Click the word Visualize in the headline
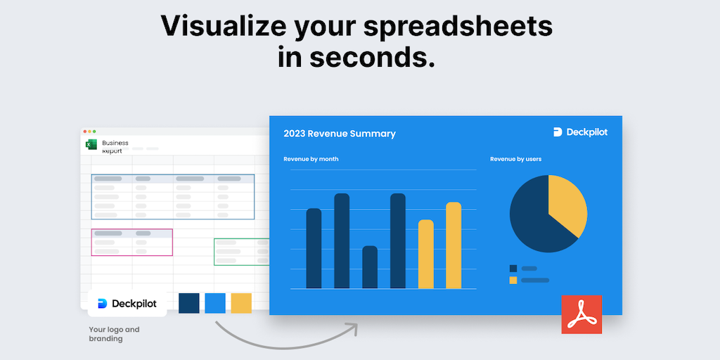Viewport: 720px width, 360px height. pos(223,26)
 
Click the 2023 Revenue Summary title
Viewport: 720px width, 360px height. pos(340,134)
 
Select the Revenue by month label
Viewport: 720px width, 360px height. pos(311,160)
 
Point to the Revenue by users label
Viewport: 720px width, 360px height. pos(515,160)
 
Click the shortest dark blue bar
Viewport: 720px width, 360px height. pos(370,267)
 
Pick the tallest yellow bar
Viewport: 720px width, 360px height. pos(454,245)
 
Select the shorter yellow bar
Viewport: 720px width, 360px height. pos(425,254)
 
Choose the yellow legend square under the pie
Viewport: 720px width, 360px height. pos(513,280)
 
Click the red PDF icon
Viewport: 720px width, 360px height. pos(581,314)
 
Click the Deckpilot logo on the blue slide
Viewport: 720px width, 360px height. pos(580,132)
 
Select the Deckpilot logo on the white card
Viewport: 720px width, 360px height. pos(127,304)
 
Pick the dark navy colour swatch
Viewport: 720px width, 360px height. pos(188,303)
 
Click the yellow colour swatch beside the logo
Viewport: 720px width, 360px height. pos(241,303)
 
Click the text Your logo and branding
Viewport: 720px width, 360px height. pos(114,334)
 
